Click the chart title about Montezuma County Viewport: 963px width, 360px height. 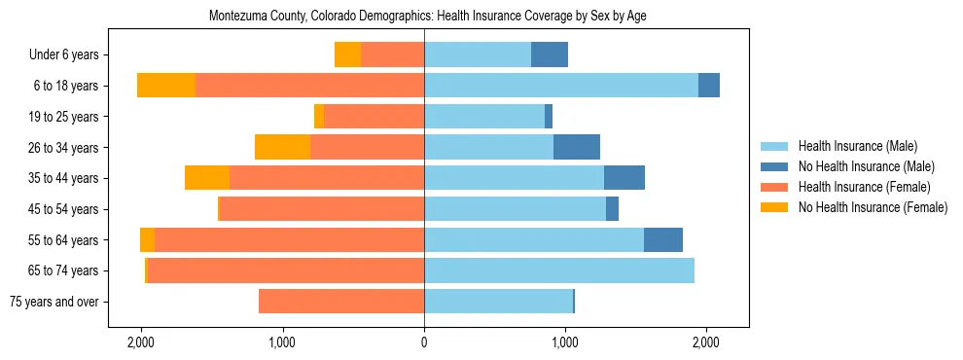click(428, 17)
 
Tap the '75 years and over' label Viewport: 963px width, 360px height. click(53, 302)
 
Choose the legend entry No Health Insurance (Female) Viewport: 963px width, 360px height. click(873, 207)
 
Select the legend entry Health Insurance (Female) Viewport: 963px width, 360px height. click(864, 187)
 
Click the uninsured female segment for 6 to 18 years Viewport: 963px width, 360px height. click(166, 86)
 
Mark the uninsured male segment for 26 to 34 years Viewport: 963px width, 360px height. click(577, 147)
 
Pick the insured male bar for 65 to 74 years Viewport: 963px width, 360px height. click(559, 270)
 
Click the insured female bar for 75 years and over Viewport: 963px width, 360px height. click(341, 302)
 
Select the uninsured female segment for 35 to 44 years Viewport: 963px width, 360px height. click(207, 178)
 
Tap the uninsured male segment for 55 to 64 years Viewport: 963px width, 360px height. click(663, 239)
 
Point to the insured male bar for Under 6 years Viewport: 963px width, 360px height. click(478, 54)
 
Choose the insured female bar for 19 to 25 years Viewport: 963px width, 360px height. click(374, 117)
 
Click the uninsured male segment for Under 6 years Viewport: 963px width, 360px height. click(550, 54)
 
